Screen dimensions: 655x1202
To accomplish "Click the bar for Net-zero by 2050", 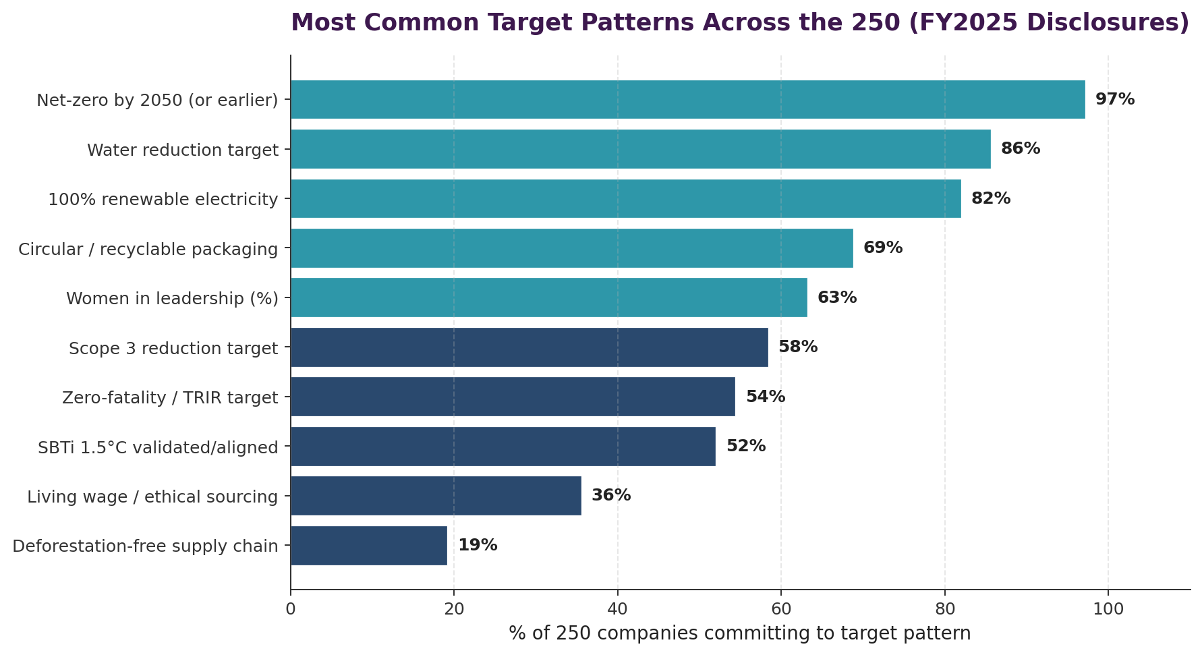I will click(687, 100).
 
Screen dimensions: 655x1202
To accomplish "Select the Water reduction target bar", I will click(640, 149).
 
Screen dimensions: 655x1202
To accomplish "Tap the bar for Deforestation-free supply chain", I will click(368, 546).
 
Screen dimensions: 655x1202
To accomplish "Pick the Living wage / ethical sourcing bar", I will click(436, 496).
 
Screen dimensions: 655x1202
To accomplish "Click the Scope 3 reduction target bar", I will click(529, 347).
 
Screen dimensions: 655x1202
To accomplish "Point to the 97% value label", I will click(1114, 100).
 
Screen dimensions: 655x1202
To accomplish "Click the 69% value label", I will click(882, 248).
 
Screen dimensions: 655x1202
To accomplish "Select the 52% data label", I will click(745, 447).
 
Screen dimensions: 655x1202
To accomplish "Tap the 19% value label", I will click(478, 546).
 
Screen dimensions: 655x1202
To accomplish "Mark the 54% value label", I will click(765, 397).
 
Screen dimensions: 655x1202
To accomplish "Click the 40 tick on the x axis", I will click(617, 609).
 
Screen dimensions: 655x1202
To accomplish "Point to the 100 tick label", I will click(1108, 609).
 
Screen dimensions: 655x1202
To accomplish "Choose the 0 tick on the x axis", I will click(291, 609).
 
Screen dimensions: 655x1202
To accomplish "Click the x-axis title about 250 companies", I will click(739, 633).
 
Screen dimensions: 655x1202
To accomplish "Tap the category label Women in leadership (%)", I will click(172, 298).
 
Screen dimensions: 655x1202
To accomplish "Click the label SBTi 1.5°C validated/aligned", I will click(158, 447).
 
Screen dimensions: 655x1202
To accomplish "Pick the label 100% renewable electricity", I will click(163, 200).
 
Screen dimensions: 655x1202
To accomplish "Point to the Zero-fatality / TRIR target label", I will click(170, 398).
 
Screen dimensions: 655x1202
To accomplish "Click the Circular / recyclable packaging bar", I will click(571, 248).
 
